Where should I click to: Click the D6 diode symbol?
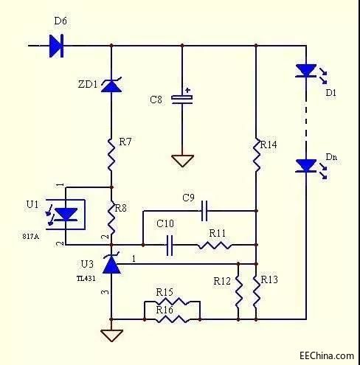click(56, 46)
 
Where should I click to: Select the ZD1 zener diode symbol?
click(111, 85)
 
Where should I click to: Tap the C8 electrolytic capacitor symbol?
click(182, 99)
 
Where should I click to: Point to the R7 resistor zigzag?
click(111, 155)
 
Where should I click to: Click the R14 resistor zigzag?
click(257, 155)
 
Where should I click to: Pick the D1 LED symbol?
click(306, 71)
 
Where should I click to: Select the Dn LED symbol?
click(306, 166)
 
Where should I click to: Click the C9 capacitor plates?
click(204, 211)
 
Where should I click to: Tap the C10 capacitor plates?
click(170, 245)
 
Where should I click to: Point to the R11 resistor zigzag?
click(214, 246)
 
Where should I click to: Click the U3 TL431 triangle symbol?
click(111, 263)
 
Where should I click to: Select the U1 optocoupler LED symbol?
click(66, 215)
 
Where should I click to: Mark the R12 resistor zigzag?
click(238, 291)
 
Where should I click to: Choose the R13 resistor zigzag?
click(257, 291)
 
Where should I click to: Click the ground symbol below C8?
click(182, 161)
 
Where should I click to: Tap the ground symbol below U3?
click(111, 336)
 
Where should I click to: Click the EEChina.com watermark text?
click(327, 355)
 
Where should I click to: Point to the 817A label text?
click(30, 237)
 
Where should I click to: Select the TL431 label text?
click(86, 279)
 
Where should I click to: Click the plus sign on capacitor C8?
click(188, 90)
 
